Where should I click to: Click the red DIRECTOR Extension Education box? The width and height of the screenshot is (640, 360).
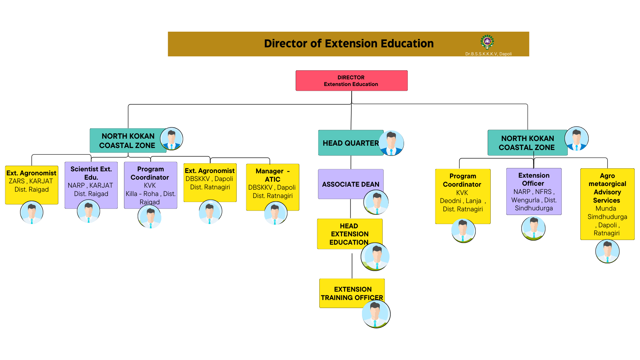coord(351,81)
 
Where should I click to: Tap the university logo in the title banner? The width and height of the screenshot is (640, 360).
coord(487,42)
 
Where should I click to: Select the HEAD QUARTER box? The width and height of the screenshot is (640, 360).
coord(351,143)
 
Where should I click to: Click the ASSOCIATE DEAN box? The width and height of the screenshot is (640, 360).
coord(351,184)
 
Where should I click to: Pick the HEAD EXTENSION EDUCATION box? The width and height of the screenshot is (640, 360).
coord(350,234)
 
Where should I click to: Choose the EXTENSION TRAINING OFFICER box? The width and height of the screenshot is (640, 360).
coord(352,293)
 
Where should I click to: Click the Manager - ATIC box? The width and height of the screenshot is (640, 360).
coord(273,187)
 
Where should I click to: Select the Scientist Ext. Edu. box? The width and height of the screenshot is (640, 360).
coord(91,185)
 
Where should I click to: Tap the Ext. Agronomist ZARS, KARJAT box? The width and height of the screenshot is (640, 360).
coord(32,185)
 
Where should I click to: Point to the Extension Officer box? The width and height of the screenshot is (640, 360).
coord(534,191)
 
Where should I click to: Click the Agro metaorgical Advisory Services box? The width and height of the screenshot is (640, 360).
coord(607,204)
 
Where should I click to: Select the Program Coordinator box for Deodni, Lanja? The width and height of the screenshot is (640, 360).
coord(463,196)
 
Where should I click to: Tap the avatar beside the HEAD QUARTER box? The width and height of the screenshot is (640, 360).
coord(391,143)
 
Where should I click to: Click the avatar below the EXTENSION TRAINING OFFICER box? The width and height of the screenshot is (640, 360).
coord(376,314)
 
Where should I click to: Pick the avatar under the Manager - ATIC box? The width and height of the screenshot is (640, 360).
coord(276,213)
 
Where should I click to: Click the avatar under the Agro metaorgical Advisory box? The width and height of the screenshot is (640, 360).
coord(607,251)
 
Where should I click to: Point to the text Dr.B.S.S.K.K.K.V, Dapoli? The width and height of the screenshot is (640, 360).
coord(488,54)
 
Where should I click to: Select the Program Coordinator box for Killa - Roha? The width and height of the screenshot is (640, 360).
coord(151,185)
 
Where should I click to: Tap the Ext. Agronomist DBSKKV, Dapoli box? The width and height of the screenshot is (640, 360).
coord(210,183)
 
